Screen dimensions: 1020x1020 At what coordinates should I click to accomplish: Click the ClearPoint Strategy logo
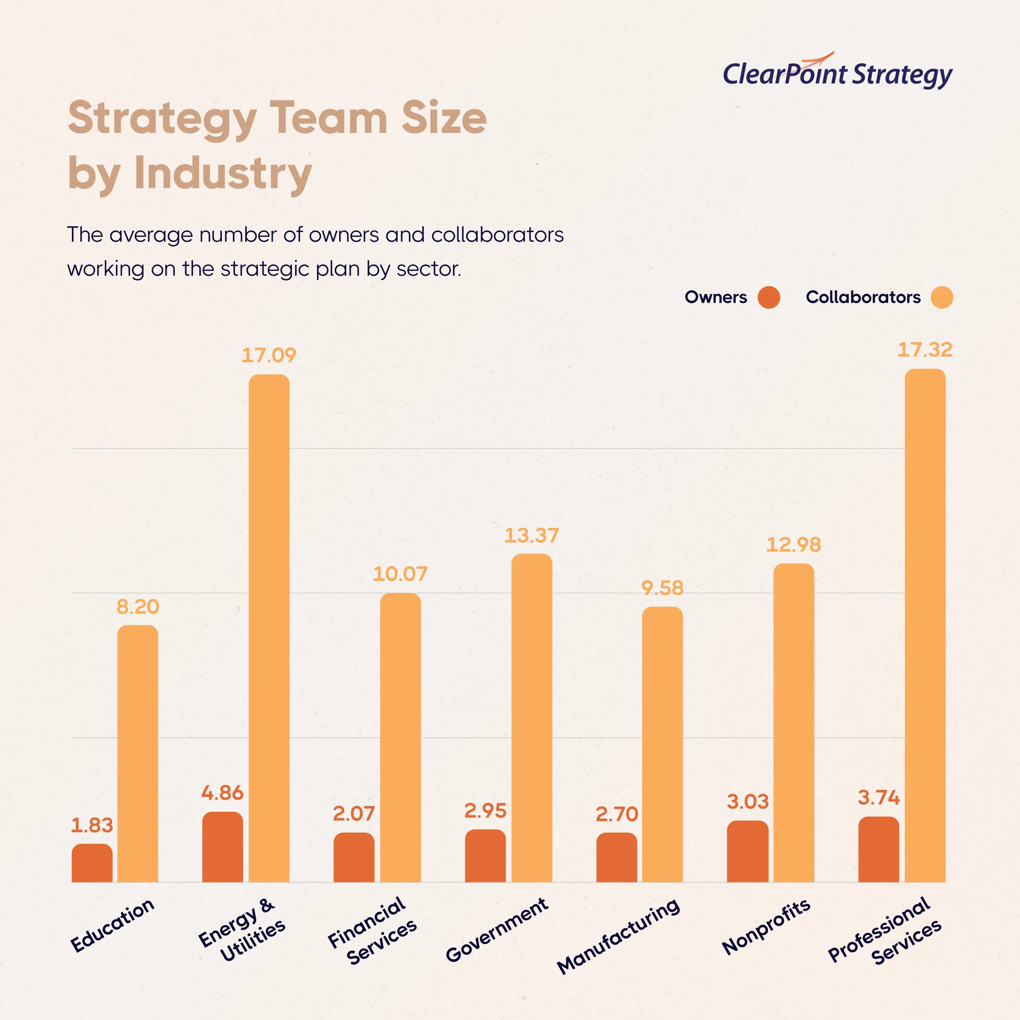[x=837, y=73]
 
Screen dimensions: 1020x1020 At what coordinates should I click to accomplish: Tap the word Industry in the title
[x=223, y=173]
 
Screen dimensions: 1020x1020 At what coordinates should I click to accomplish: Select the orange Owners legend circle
[x=769, y=297]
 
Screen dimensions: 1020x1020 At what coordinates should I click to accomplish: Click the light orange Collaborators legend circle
[x=942, y=297]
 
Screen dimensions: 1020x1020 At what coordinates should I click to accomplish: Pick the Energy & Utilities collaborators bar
[x=269, y=628]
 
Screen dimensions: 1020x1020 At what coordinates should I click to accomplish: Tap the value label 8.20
[x=137, y=606]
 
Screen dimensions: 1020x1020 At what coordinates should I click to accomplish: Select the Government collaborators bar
[x=532, y=718]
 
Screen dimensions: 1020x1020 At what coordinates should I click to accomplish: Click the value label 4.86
[x=222, y=793]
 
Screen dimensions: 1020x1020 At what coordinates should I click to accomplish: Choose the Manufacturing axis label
[x=619, y=935]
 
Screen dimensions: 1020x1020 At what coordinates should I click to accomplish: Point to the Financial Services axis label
[x=373, y=931]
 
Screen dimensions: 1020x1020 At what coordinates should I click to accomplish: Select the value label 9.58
[x=662, y=588]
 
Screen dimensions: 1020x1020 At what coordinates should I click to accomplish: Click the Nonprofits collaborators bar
[x=793, y=723]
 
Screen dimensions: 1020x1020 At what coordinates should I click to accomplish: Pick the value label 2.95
[x=485, y=811]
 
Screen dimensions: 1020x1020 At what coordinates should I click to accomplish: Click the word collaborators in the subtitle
[x=497, y=235]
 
